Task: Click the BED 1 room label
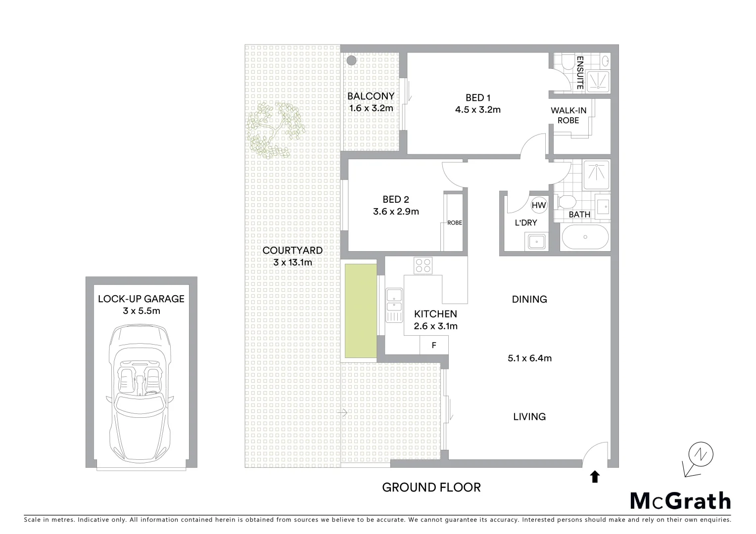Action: click(x=477, y=98)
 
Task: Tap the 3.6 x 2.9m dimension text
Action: click(x=396, y=212)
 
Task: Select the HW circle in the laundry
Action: click(x=539, y=205)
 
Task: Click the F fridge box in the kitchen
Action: click(x=434, y=345)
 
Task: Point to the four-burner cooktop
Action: click(x=423, y=266)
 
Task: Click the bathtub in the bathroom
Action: click(x=585, y=237)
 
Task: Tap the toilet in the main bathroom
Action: click(x=566, y=202)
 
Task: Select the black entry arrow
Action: click(x=595, y=477)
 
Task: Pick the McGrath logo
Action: click(x=680, y=501)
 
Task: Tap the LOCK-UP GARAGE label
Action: click(x=141, y=299)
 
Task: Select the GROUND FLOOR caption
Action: click(x=431, y=488)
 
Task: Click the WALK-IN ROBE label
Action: click(x=568, y=115)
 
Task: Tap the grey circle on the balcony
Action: click(x=351, y=61)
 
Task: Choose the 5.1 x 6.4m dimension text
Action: click(x=529, y=358)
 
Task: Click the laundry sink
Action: click(x=536, y=242)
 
